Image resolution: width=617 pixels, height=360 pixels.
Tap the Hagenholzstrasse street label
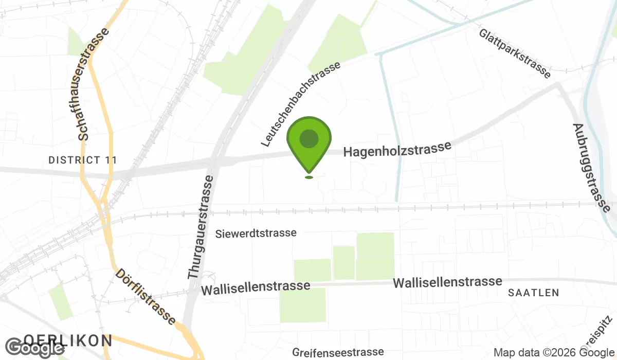[397, 149]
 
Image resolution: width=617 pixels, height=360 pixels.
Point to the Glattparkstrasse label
[515, 53]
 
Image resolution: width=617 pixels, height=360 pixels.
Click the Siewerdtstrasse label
[256, 233]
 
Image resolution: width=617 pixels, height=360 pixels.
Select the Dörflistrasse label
[146, 297]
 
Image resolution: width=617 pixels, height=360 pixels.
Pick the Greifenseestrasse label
[338, 352]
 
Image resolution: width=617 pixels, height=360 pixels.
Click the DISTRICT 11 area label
[82, 160]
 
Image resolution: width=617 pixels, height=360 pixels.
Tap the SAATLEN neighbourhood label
[533, 293]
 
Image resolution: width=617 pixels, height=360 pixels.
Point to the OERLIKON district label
[68, 340]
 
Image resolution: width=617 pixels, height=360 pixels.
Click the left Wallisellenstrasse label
[256, 288]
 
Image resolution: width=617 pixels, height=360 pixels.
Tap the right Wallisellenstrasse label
[447, 282]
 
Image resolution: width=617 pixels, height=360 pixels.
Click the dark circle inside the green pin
[308, 138]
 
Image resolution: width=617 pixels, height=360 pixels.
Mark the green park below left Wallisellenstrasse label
[302, 306]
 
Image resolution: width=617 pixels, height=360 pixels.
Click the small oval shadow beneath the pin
[308, 177]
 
